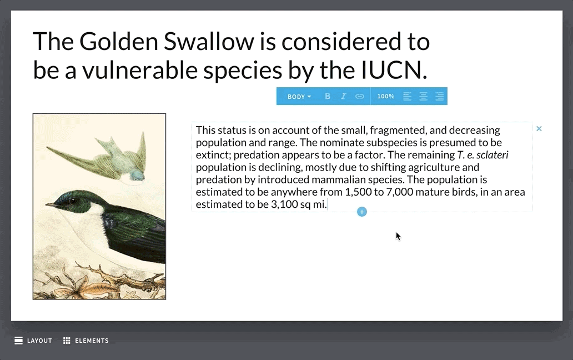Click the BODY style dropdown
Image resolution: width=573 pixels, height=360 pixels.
coord(299,97)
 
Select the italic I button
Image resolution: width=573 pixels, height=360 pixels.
coord(344,96)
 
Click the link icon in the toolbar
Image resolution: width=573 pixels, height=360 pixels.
coord(360,96)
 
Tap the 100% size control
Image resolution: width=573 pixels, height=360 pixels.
coord(385,96)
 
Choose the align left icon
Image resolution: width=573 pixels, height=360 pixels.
coord(407,96)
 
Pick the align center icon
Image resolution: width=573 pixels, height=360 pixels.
coord(423,96)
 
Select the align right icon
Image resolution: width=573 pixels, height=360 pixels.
coord(439,96)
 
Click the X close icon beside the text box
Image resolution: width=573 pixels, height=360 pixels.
coord(539,129)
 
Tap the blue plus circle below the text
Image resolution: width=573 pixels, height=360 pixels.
coord(362,212)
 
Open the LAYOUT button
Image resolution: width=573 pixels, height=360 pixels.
coord(33,341)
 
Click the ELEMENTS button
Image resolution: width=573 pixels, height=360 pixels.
coord(86,341)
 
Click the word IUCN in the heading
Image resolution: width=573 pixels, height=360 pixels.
coord(394,70)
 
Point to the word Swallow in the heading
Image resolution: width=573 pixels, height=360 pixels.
coord(209,41)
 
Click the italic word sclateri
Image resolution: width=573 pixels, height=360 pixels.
coord(492,155)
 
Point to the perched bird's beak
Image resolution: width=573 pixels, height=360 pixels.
coord(51,205)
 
